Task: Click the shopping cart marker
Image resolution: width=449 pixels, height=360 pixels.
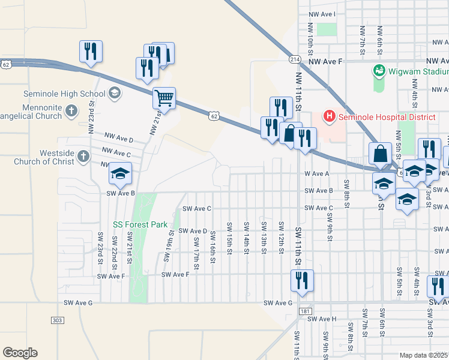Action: coord(164,97)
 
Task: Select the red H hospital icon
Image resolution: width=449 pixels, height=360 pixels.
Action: coord(329,115)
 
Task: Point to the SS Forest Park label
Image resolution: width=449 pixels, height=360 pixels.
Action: coord(141,225)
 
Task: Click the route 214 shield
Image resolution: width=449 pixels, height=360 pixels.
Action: coord(294,59)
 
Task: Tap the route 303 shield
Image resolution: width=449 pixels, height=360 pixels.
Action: coord(58,321)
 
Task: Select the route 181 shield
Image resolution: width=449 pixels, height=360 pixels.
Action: coord(304,311)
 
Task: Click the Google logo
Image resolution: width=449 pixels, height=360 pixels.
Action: coord(20,353)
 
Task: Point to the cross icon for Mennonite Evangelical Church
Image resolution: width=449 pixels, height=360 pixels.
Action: coord(71,110)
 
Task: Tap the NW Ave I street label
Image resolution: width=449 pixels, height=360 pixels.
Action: coord(322,14)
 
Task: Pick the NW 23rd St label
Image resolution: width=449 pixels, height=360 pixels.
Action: coord(92,111)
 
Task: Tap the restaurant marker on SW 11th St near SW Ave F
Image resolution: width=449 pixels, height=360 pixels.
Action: coord(301,280)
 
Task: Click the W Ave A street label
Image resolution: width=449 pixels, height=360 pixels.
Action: coord(318,173)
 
